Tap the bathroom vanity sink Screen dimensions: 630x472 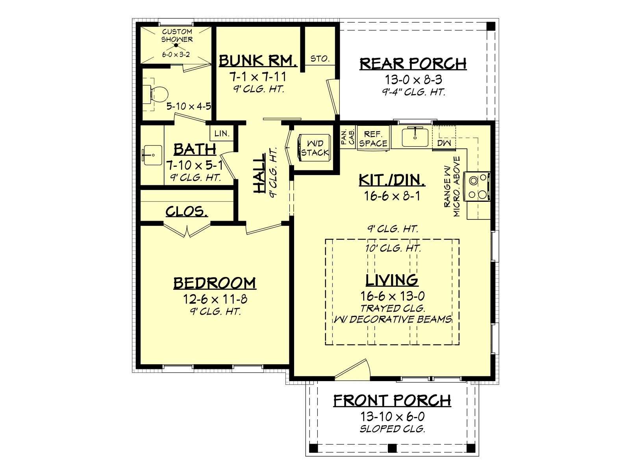click(152, 155)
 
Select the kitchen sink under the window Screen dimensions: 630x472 click(415, 137)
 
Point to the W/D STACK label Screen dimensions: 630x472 click(315, 148)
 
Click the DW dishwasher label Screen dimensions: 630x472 click(444, 143)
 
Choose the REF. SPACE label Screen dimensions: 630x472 click(373, 139)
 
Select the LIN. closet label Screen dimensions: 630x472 click(222, 133)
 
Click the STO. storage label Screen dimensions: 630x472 click(320, 59)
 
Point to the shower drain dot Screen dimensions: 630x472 click(176, 46)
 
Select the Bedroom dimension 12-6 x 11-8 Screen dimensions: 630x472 click(215, 299)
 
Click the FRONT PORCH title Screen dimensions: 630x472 click(392, 400)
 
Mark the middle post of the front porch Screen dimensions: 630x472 click(392, 448)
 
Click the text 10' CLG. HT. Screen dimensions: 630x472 click(393, 248)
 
